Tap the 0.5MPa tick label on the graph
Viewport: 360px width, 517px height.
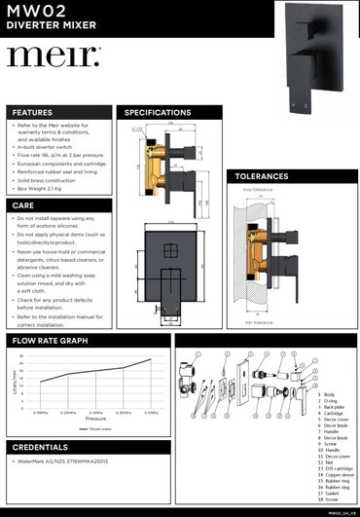pos(151,412)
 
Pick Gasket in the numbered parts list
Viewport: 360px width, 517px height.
pos(328,492)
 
